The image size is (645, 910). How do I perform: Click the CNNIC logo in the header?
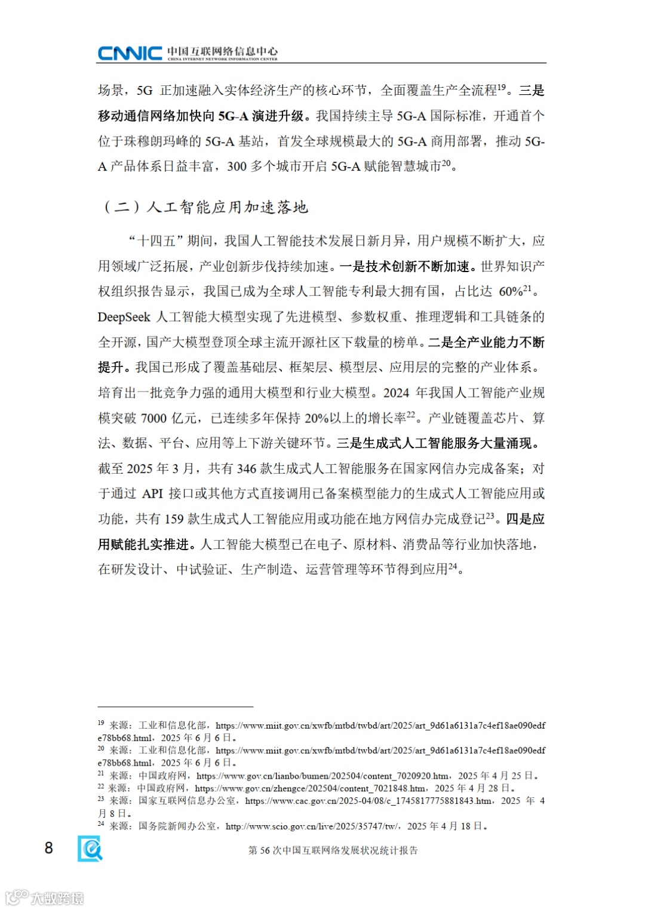pyautogui.click(x=130, y=53)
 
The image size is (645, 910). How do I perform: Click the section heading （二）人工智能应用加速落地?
pyautogui.click(x=205, y=207)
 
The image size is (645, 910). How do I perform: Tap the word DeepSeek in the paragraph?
pyautogui.click(x=124, y=317)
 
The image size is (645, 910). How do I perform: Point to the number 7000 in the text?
pyautogui.click(x=153, y=418)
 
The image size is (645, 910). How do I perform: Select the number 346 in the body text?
pyautogui.click(x=246, y=469)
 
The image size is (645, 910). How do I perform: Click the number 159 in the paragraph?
pyautogui.click(x=174, y=519)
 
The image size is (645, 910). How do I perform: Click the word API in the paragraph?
pyautogui.click(x=152, y=494)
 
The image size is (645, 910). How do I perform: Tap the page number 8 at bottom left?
pyautogui.click(x=49, y=848)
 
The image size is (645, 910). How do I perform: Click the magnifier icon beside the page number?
pyautogui.click(x=90, y=848)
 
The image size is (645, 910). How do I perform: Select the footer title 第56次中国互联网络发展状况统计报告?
pyautogui.click(x=333, y=850)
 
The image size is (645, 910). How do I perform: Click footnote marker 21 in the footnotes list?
pyautogui.click(x=101, y=775)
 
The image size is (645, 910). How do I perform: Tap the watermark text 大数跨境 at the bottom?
pyautogui.click(x=57, y=898)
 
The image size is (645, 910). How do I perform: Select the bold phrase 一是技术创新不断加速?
pyautogui.click(x=408, y=267)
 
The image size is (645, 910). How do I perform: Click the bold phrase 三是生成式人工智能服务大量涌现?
pyautogui.click(x=437, y=443)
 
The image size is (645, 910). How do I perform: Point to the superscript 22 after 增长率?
pyautogui.click(x=411, y=415)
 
